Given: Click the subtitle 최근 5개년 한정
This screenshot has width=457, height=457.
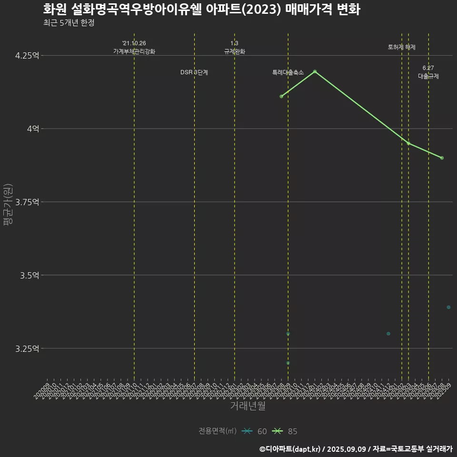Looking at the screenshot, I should tap(69, 23).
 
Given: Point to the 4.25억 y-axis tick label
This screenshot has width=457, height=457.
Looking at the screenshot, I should tap(27, 56).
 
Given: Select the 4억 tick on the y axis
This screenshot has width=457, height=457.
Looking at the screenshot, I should tap(32, 129).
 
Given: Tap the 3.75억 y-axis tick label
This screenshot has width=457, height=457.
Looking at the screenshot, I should tap(27, 202).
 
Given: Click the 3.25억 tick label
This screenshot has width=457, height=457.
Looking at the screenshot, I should tap(27, 349).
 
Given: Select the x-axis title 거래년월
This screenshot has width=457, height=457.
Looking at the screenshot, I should tap(248, 406).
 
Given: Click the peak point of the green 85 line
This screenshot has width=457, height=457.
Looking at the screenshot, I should tap(315, 71).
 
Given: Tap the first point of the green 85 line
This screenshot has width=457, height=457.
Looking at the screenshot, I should tap(281, 97).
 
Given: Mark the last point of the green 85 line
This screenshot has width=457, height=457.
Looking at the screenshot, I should tap(442, 158).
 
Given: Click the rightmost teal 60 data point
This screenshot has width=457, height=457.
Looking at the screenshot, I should tap(448, 307).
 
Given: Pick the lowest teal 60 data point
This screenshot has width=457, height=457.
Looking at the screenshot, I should tap(288, 363).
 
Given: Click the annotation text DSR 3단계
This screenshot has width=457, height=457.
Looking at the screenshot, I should tap(194, 72).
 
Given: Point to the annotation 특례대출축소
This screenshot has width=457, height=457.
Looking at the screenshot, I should tap(288, 72).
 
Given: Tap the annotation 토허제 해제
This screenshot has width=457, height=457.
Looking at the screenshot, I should tap(402, 47).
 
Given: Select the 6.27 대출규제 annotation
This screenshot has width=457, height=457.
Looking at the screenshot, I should tap(428, 72).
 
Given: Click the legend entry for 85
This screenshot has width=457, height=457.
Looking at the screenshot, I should tap(285, 431).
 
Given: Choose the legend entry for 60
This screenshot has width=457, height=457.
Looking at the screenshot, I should tap(255, 431).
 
